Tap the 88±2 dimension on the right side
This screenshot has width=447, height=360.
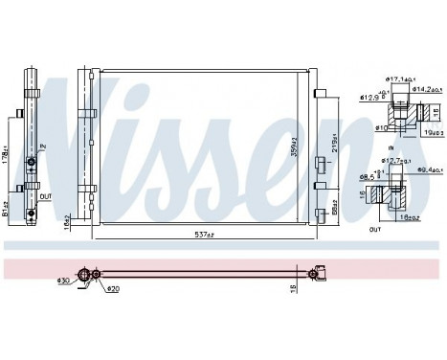[x=331, y=206]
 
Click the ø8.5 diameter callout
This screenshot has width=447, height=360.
[x=369, y=178]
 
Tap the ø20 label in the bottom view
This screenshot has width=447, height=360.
[x=112, y=288]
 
